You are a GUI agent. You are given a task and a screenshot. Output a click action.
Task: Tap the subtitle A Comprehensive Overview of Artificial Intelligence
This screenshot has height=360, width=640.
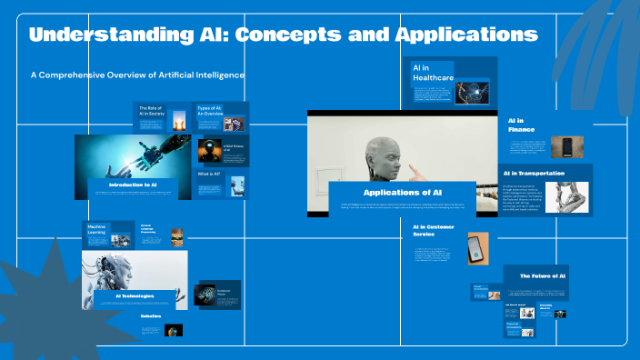click(137, 75)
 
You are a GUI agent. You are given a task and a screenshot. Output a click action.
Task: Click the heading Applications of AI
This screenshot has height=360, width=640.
click(402, 193)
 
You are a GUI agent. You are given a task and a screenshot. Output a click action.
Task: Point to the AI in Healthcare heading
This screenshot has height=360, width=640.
click(433, 74)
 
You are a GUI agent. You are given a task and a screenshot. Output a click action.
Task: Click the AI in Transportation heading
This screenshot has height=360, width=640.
click(534, 173)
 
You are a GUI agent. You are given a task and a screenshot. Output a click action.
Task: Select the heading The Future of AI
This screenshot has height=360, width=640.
click(543, 275)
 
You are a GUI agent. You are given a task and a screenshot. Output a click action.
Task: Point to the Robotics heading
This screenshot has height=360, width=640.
click(151, 316)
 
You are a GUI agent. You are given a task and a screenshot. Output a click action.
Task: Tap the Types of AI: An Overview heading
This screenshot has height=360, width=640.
click(209, 111)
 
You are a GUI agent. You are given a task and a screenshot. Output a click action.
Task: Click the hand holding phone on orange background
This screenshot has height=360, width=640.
click(477, 247)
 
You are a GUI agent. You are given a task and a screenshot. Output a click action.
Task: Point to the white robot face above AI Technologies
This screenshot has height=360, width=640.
click(118, 271)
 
